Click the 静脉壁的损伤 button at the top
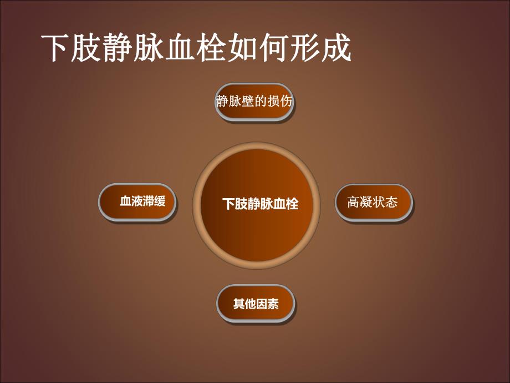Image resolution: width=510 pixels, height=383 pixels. [253, 102]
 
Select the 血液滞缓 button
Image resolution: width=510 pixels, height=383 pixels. [138, 202]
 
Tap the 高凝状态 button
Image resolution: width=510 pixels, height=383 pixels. [374, 202]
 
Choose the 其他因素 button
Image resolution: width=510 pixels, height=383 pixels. [256, 304]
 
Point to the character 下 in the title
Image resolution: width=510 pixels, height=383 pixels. [58, 49]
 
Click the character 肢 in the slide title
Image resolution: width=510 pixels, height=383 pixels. [89, 49]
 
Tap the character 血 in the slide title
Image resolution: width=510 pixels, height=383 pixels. [181, 49]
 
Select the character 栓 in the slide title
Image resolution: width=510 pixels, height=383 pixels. [212, 49]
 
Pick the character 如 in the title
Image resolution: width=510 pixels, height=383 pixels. [243, 49]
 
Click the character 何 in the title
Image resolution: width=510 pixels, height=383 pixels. [274, 49]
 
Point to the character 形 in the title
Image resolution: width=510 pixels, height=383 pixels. [305, 49]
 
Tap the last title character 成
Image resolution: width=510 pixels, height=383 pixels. [336, 49]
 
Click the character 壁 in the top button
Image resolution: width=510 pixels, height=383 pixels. [248, 102]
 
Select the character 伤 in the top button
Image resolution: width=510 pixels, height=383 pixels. [285, 102]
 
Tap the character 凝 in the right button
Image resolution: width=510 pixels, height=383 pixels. [367, 202]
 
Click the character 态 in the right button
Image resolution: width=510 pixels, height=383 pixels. [391, 202]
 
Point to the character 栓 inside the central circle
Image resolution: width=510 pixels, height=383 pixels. [292, 204]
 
